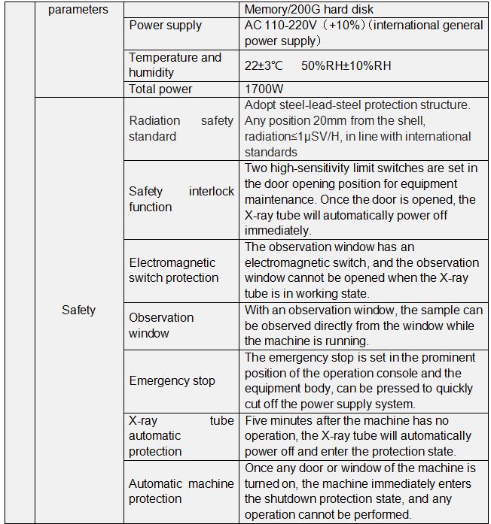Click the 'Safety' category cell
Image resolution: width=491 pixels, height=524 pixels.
(x=78, y=310)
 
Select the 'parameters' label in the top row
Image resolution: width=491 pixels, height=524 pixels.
(x=78, y=10)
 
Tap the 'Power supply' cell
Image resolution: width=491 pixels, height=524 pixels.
(x=165, y=26)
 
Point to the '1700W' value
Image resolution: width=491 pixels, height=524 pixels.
(x=264, y=89)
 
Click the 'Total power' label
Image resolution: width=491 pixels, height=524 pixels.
(x=160, y=89)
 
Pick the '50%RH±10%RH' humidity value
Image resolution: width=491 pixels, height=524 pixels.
(x=346, y=65)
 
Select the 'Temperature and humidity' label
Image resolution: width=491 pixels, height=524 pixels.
(x=175, y=65)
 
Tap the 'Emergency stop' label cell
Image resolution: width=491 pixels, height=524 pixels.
(x=172, y=380)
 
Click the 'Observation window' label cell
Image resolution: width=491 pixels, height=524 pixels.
(x=161, y=326)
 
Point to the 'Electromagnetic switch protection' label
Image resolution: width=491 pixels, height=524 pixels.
(x=173, y=270)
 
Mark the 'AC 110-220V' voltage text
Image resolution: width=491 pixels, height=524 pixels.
(x=280, y=26)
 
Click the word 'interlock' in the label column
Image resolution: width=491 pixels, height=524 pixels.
(x=212, y=192)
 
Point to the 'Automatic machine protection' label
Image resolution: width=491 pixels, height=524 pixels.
(x=181, y=491)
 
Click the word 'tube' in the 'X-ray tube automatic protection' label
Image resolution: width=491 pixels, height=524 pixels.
(x=222, y=420)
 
